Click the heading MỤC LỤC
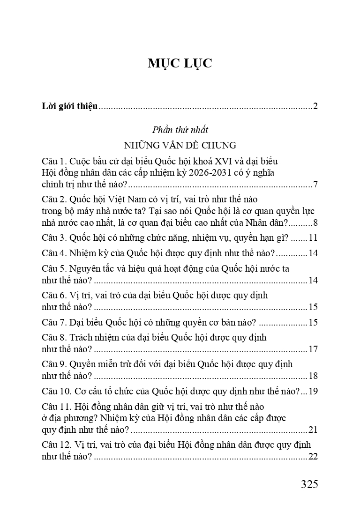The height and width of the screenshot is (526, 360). coord(180,64)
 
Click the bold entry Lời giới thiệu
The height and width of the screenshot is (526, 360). coord(69,106)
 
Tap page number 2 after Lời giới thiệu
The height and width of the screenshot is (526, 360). coord(316,106)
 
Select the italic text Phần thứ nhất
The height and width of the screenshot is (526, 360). coord(180,130)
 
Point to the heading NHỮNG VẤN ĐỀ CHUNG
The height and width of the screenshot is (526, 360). coord(180,144)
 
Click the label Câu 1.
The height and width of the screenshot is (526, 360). coord(54,161)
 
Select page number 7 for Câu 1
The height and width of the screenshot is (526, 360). coord(316,184)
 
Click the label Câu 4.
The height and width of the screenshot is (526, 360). coord(54,253)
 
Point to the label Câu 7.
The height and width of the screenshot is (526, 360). coord(54,322)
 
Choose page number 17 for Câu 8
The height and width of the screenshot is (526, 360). coord(313,349)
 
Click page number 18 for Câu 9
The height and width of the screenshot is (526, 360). coord(313,376)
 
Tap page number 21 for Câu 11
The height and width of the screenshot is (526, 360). coord(313,430)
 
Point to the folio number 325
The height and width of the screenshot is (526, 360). coord(309,484)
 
